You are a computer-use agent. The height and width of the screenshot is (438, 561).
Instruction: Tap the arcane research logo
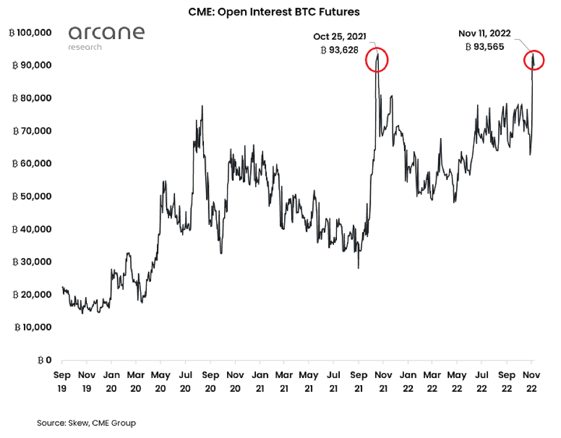pos(106,37)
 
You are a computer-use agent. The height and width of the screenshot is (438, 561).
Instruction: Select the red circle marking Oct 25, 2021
pos(377,61)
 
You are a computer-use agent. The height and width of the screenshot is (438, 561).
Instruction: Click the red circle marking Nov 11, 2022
pos(533,60)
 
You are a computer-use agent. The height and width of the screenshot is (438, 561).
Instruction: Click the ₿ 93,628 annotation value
pos(340,50)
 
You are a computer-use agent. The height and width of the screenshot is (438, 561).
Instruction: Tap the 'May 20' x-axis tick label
pos(161,380)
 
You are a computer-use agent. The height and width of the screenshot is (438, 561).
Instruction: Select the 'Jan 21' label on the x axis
pos(260,380)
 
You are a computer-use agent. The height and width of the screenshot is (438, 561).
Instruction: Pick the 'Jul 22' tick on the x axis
pos(481,380)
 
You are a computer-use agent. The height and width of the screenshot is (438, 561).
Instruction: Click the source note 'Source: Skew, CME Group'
pos(86,423)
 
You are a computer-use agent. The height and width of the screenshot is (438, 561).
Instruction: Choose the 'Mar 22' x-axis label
pos(432,380)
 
